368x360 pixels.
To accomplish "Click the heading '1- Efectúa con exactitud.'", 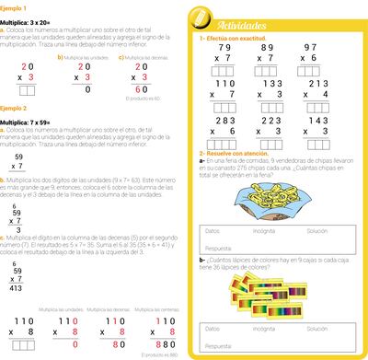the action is coord(229,38).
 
